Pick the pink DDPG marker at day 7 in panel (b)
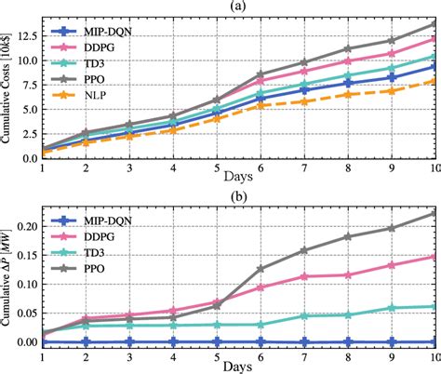[303, 276]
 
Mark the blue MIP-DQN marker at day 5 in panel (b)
[216, 341]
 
